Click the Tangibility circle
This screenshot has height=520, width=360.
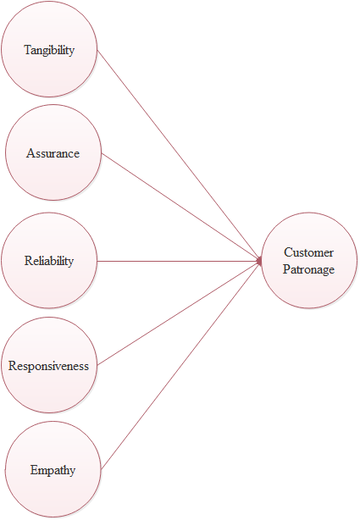click(x=49, y=49)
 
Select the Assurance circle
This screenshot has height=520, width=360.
click(x=53, y=152)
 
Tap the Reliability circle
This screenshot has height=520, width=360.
click(x=49, y=261)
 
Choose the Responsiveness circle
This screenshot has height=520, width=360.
click(x=49, y=365)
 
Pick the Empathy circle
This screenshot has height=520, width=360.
click(x=53, y=469)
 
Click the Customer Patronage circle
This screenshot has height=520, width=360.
click(x=309, y=261)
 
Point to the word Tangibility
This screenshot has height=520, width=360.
click(x=49, y=50)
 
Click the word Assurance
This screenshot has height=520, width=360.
click(x=53, y=153)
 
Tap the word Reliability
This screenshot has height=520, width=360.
click(x=49, y=261)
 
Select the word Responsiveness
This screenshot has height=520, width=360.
click(x=49, y=366)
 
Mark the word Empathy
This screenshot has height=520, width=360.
click(x=53, y=471)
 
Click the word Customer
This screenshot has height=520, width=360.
click(x=309, y=252)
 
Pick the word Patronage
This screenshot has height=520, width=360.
click(x=309, y=269)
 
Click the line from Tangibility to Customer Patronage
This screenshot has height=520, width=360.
click(x=180, y=155)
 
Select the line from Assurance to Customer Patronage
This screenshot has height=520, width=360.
click(x=181, y=207)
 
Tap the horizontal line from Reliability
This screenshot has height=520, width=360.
click(x=180, y=262)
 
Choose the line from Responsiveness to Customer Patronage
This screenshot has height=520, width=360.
click(x=180, y=313)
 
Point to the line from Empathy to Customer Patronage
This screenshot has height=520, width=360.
click(x=181, y=365)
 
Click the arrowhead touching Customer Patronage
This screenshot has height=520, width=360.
click(x=259, y=262)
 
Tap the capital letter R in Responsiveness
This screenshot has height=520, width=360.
click(x=12, y=366)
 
